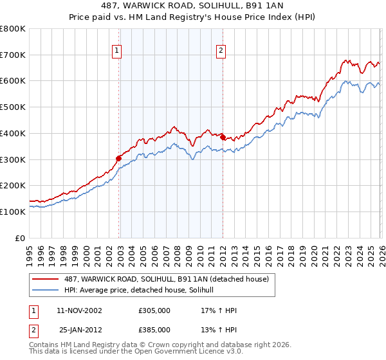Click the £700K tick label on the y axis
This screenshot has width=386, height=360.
tap(13, 55)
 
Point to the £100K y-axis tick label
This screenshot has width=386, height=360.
tap(13, 212)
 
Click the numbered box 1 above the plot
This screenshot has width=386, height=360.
tap(117, 51)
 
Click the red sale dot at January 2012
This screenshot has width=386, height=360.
tap(223, 137)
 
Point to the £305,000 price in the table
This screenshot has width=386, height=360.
tap(154, 310)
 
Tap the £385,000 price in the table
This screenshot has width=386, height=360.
tap(154, 329)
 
